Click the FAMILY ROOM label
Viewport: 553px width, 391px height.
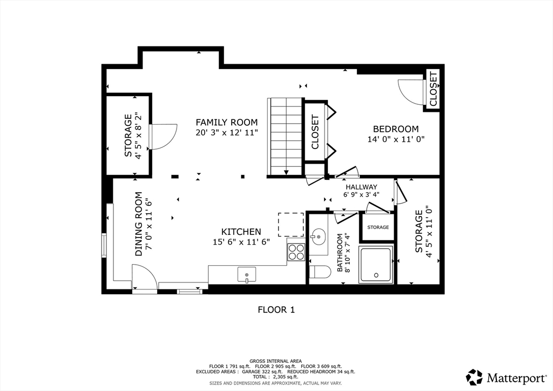pos(227,123)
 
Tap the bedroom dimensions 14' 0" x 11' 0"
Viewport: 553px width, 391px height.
pos(396,139)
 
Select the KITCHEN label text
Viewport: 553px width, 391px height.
pos(241,232)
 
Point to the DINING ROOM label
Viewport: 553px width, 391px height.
pos(139,224)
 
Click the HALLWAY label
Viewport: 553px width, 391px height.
pos(361,187)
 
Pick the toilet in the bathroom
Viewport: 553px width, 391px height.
pos(320,272)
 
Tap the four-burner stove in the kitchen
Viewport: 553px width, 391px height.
pos(296,252)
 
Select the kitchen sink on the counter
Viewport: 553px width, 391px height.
pos(246,275)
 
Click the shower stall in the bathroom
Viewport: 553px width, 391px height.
pos(376,265)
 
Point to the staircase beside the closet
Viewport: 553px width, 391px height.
pos(285,137)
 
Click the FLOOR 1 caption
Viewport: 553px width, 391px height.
pos(276,310)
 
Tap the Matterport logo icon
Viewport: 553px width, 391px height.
pos(474,377)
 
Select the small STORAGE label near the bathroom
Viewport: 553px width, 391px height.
pos(378,227)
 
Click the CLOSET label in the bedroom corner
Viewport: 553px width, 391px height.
pos(434,89)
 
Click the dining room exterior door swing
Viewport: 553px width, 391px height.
pos(145,277)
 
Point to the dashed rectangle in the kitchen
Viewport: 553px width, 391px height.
pos(291,225)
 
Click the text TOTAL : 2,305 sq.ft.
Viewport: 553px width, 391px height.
pos(275,377)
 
